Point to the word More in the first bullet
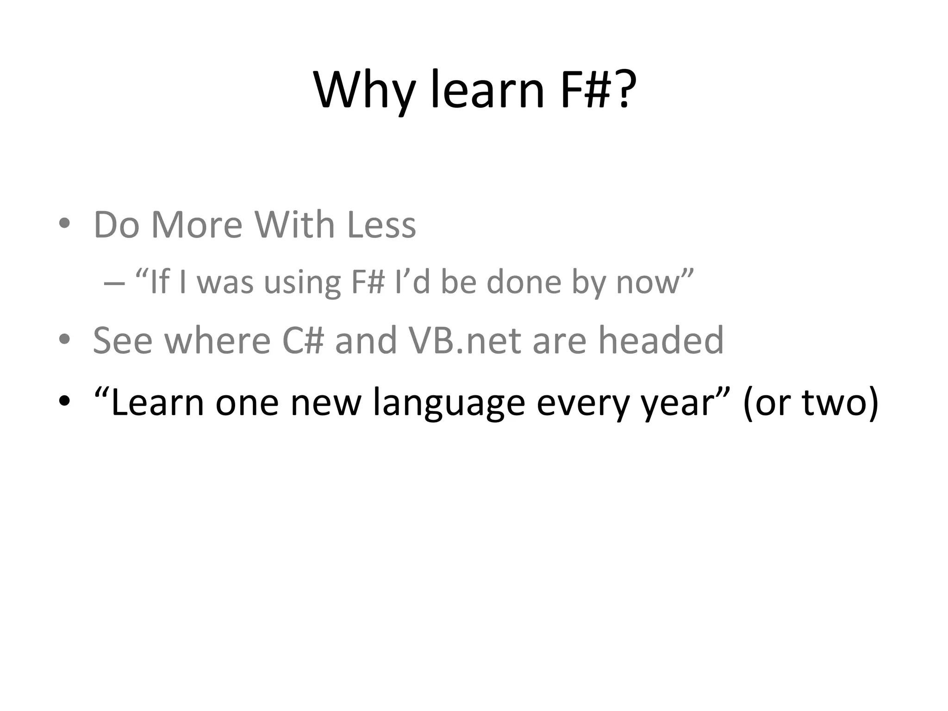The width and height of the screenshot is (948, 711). pos(197,225)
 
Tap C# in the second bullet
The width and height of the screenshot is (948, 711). pos(303,340)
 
